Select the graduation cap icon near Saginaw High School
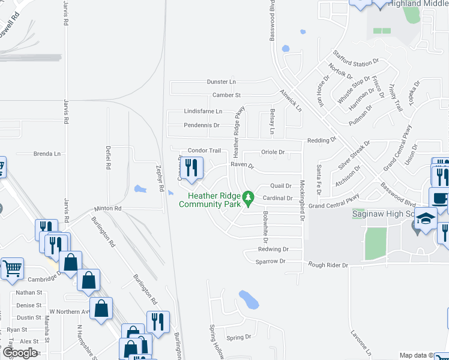coord(426,220)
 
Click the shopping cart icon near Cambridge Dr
coord(12,269)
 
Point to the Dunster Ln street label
coord(222,82)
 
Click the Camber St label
coord(226,95)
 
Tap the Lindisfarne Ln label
coord(203,112)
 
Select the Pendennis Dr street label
coord(202,125)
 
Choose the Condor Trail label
coord(205,151)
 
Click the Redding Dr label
coord(322,140)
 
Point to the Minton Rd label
coord(108,209)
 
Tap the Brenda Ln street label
coord(47,154)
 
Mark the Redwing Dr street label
coord(273,249)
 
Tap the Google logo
coord(19,353)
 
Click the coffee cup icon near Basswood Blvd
coord(439,198)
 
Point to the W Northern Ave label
coord(69,311)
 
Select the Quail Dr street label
coord(281,186)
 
